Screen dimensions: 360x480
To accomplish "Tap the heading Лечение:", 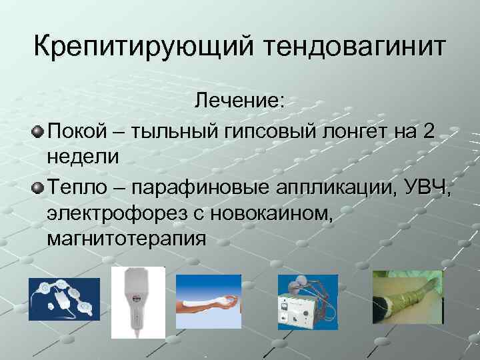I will tap(239, 103).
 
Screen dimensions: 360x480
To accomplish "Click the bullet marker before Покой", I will tap(37, 131).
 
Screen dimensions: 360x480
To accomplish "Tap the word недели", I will tap(83, 157).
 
